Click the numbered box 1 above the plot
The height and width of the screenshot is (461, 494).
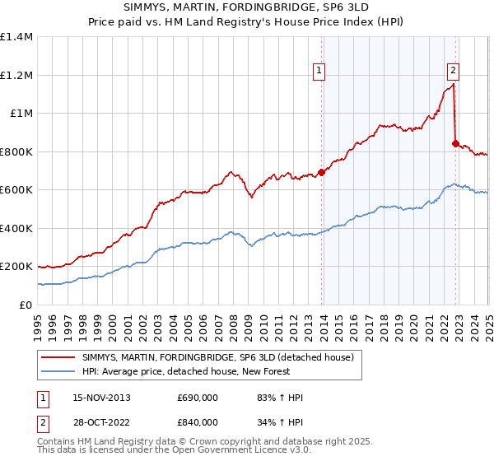coord(319,72)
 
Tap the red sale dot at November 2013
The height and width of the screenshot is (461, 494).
coord(322,172)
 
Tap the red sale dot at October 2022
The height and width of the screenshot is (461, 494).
coord(455,143)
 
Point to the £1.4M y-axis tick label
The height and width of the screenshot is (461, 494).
coord(16,37)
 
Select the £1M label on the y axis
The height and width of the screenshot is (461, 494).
coord(20,114)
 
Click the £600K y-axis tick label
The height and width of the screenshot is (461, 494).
coord(16,190)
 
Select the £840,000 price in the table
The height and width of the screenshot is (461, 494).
coord(198,422)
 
